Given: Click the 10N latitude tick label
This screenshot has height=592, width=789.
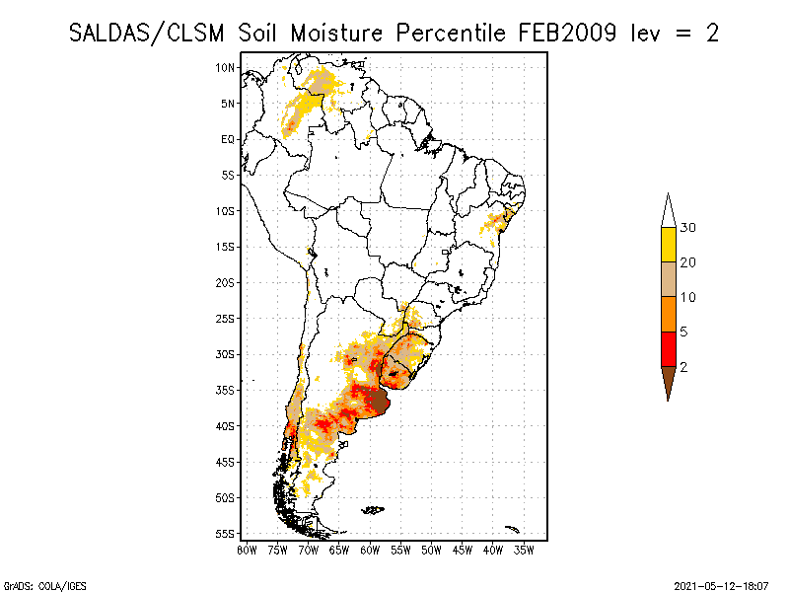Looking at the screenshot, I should coord(226,67).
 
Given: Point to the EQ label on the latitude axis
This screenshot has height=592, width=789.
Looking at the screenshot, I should coord(228,139).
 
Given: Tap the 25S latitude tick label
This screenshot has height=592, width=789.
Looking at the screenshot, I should coord(226,318).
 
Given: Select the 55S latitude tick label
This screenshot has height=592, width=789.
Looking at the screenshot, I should coord(226,533).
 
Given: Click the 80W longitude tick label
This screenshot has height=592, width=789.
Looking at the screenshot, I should coord(247,550).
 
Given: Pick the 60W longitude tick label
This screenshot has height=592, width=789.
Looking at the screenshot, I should coord(370,550).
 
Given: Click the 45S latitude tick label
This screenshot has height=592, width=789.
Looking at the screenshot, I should coord(226,461).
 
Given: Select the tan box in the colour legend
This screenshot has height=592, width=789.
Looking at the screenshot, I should coord(669,279).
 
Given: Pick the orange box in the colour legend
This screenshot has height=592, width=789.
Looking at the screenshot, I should coord(669,314).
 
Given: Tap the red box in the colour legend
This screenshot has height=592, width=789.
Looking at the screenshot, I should coord(669,348).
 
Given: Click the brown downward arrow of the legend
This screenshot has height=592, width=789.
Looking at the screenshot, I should coord(669,379).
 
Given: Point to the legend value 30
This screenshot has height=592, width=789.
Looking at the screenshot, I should coord(688,228).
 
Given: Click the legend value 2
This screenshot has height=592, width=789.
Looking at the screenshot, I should coord(683,366).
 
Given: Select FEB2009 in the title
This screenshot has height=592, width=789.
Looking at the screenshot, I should coord(566,33).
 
